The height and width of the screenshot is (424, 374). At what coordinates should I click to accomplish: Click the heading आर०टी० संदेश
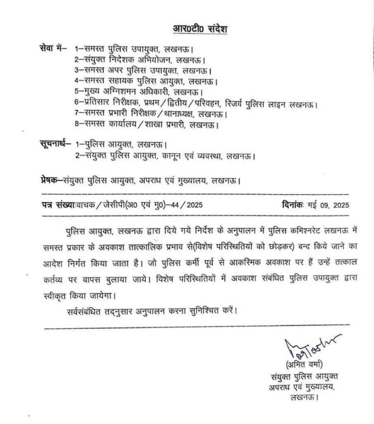click(200, 29)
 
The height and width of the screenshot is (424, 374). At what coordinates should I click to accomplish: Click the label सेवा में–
click(53, 49)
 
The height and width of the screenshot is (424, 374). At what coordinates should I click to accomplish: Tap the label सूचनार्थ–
click(53, 145)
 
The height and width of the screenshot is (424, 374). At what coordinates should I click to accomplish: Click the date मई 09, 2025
click(328, 205)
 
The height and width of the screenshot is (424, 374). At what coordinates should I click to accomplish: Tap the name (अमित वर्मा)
click(302, 364)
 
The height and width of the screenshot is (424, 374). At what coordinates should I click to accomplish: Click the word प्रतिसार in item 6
click(99, 103)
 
